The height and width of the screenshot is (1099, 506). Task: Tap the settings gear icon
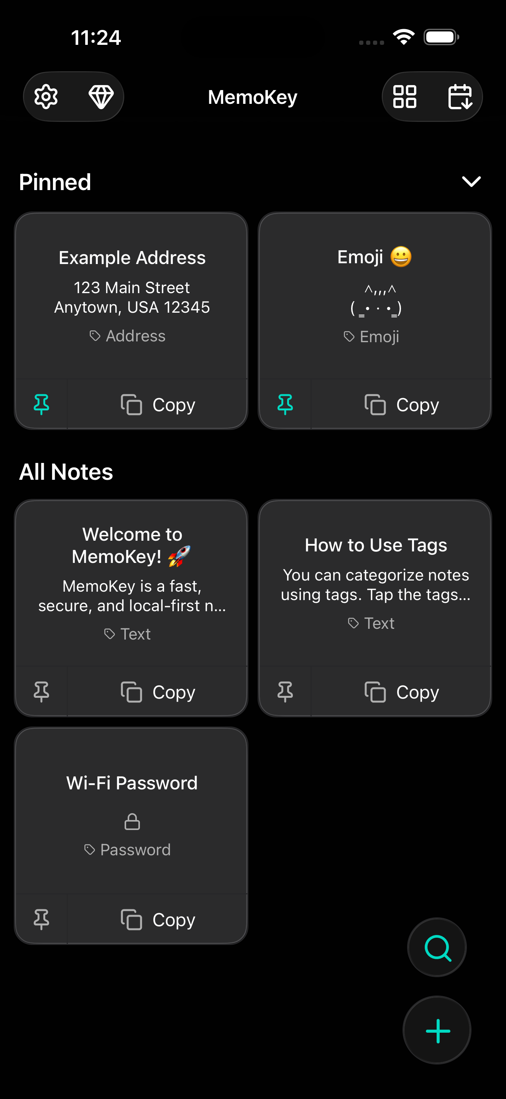(x=46, y=97)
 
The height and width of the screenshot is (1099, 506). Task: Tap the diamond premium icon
(x=101, y=97)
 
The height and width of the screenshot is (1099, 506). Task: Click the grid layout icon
(x=404, y=97)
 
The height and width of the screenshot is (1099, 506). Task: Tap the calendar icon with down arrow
(x=460, y=97)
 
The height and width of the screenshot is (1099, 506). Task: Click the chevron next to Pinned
(x=472, y=182)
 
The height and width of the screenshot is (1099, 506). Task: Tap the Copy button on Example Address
(x=158, y=404)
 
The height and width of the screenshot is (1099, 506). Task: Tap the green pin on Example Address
(x=41, y=404)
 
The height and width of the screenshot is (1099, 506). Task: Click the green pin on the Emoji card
(x=285, y=404)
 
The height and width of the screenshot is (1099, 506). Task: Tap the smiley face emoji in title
(x=401, y=257)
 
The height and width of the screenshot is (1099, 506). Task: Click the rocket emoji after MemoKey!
(x=179, y=556)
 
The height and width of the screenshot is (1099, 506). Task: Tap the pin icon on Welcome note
(x=41, y=692)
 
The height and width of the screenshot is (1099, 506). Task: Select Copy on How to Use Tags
(x=401, y=692)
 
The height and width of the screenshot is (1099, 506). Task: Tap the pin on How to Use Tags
(x=285, y=692)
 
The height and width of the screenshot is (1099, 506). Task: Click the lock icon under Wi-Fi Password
(x=132, y=821)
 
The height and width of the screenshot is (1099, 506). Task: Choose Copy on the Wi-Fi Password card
(x=158, y=919)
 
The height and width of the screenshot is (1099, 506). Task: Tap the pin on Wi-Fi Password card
(x=41, y=919)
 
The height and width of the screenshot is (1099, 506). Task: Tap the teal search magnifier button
(x=437, y=948)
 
